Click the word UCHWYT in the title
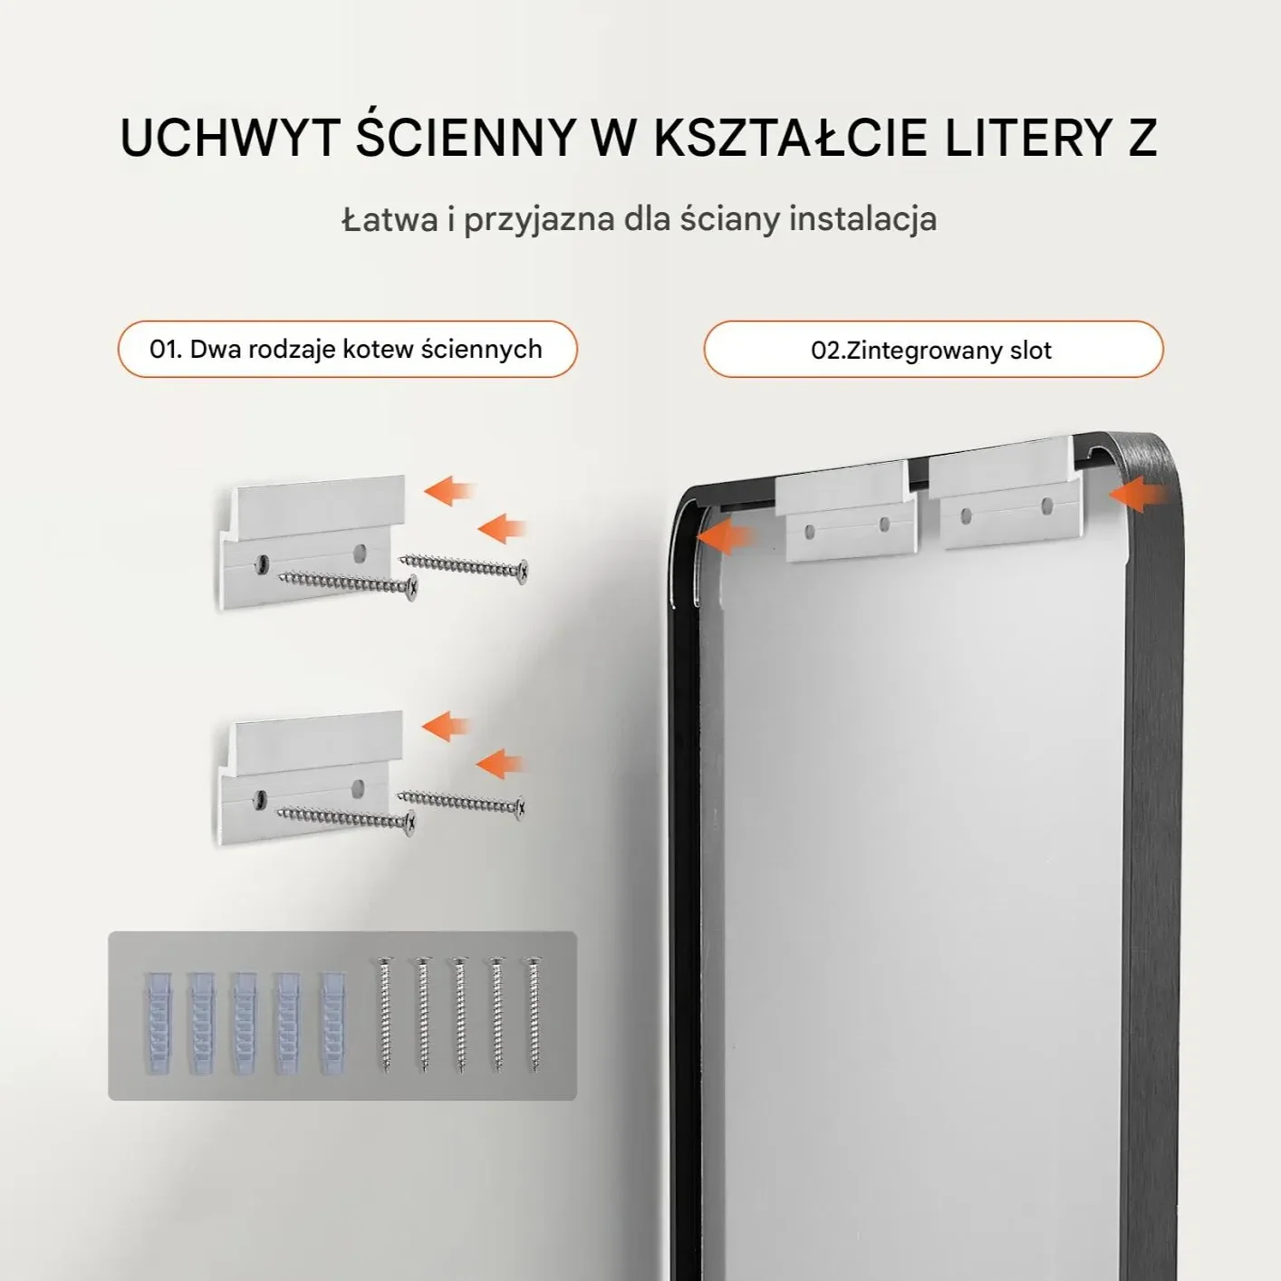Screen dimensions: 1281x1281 (230, 139)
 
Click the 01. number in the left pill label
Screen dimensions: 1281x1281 (166, 349)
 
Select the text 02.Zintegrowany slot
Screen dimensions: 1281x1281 (930, 351)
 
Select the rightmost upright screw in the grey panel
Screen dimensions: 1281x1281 (533, 1014)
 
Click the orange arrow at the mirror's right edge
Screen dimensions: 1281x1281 (1138, 494)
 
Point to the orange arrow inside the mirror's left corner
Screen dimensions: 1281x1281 (725, 536)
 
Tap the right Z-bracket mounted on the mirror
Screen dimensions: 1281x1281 (1005, 491)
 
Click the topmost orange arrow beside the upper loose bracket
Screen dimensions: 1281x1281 (450, 491)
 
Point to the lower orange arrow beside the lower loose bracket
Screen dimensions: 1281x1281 (501, 764)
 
